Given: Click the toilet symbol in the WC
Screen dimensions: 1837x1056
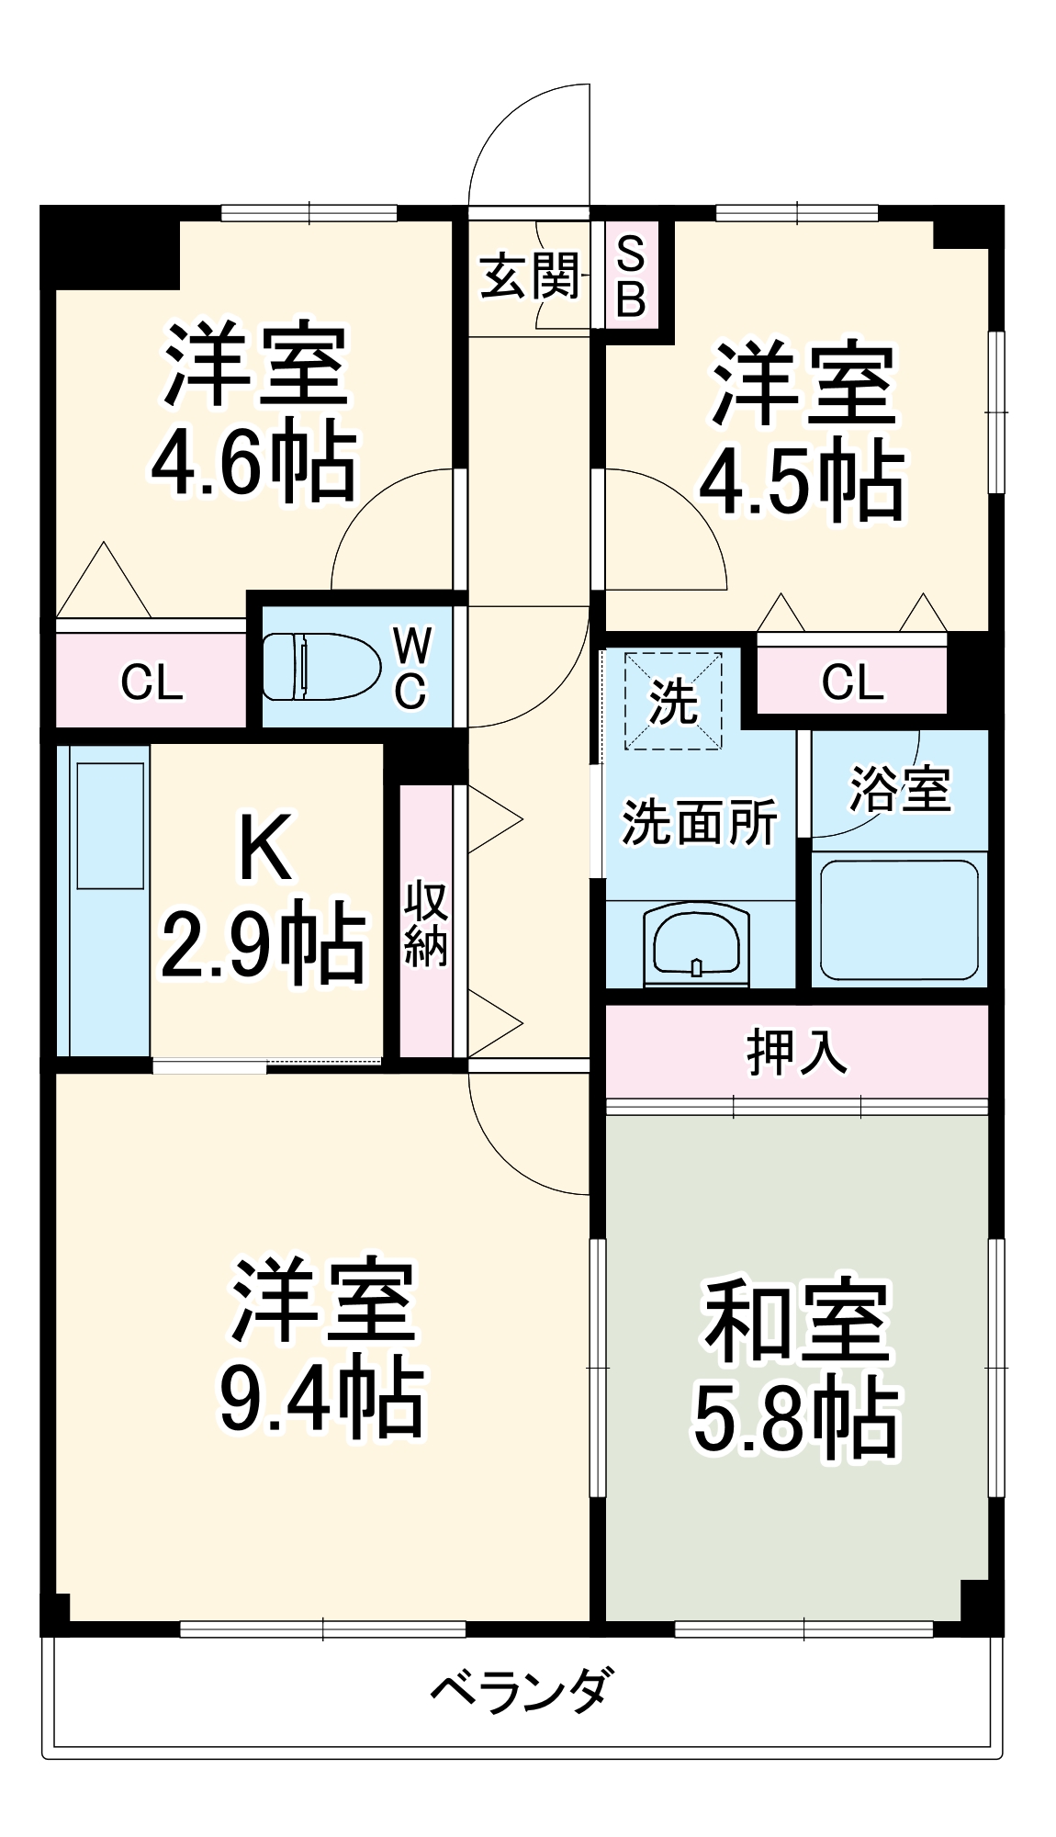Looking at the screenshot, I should coord(321,667).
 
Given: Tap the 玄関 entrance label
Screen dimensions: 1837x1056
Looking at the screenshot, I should coord(530,276).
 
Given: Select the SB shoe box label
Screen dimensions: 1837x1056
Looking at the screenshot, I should coord(631,276).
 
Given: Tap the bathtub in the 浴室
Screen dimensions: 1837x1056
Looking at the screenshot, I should coord(899,920).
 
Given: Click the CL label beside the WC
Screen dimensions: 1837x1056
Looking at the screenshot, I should coord(152,682).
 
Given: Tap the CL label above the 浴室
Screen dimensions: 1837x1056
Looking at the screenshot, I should coord(852,682).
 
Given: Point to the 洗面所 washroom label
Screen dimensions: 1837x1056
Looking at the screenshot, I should coord(700,821).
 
